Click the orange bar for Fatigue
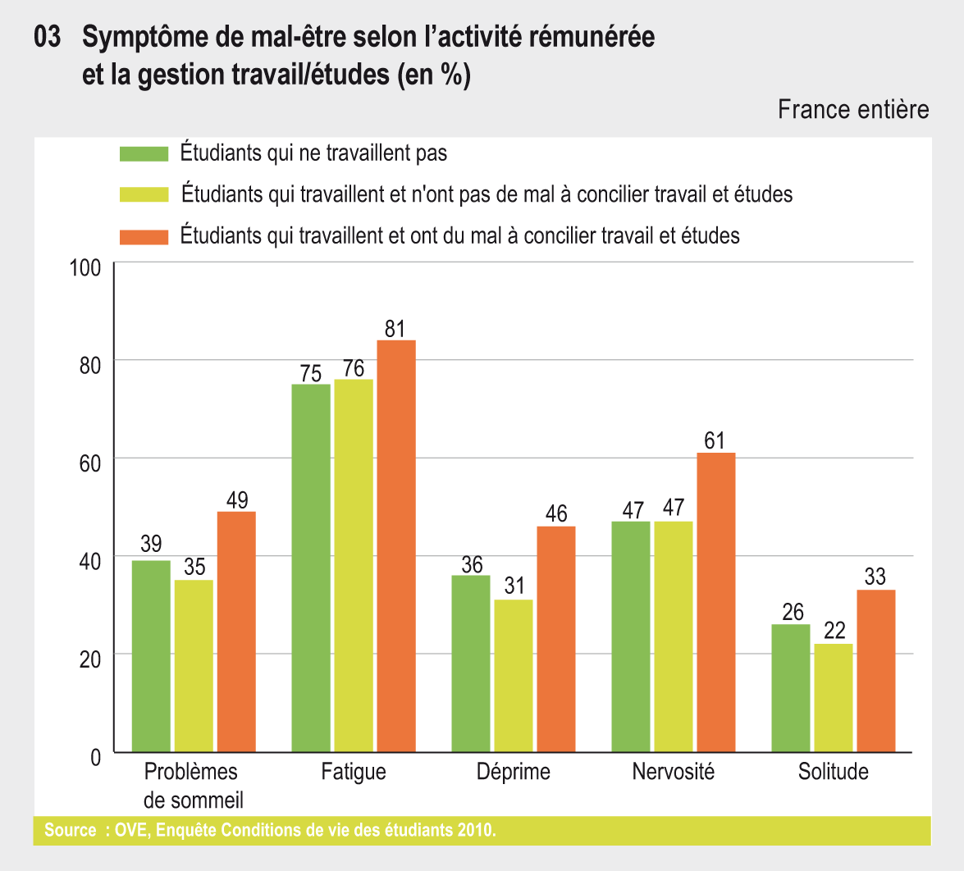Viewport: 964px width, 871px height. (x=396, y=546)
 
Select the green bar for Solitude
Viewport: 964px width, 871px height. (x=791, y=688)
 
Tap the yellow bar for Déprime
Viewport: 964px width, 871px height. (x=514, y=676)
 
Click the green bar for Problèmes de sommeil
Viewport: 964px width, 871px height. (x=151, y=656)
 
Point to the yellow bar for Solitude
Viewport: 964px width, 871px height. (x=834, y=698)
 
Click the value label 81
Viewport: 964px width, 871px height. (x=395, y=329)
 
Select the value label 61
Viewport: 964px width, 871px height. (x=715, y=441)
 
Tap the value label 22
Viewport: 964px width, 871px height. (x=834, y=632)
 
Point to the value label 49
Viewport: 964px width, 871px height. (x=237, y=500)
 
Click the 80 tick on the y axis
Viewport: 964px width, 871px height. (x=89, y=363)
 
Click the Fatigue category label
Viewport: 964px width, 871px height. (x=354, y=773)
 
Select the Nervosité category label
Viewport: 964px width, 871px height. (x=674, y=773)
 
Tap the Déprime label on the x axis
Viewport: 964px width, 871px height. (x=514, y=773)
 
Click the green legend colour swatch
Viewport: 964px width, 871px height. (x=144, y=153)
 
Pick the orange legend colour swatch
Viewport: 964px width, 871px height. (x=144, y=236)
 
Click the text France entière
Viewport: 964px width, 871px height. (x=853, y=110)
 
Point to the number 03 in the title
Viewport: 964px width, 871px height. (x=48, y=38)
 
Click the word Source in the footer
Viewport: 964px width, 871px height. (x=70, y=830)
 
